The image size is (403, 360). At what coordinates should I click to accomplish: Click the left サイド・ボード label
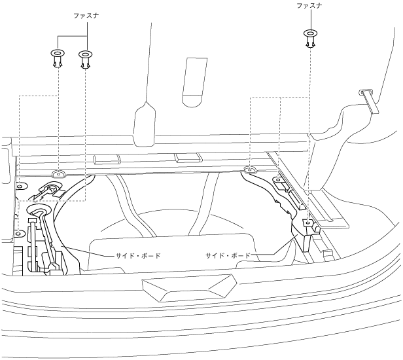pyautogui.click(x=133, y=255)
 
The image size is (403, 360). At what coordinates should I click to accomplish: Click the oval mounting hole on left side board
pyautogui.click(x=58, y=174)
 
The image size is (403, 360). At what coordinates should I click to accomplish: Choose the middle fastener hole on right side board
pyautogui.click(x=277, y=180)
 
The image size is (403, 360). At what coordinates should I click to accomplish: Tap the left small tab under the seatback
pyautogui.click(x=105, y=158)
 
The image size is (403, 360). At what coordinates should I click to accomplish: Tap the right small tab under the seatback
pyautogui.click(x=187, y=158)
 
